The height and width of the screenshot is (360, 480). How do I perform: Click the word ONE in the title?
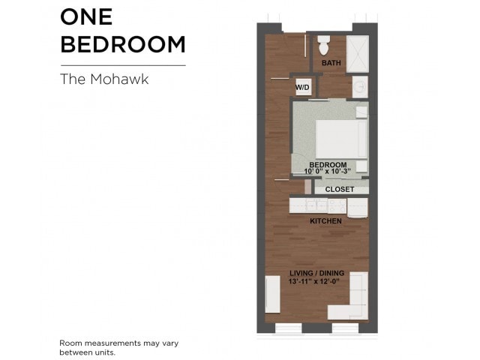click(x=86, y=16)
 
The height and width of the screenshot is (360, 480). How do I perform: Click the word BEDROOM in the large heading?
click(x=123, y=44)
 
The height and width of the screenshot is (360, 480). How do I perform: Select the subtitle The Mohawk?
click(x=104, y=79)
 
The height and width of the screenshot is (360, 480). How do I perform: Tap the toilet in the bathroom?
click(x=323, y=45)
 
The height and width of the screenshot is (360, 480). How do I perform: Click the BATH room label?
click(x=331, y=63)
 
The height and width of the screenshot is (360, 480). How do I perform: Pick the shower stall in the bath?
click(x=358, y=54)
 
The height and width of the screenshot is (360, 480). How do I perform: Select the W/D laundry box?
click(x=302, y=87)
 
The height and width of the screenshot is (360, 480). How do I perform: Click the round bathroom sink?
click(x=360, y=87)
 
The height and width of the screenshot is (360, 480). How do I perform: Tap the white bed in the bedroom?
click(x=341, y=139)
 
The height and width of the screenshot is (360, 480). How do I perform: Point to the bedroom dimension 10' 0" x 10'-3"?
click(x=327, y=171)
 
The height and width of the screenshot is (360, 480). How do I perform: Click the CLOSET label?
click(x=340, y=190)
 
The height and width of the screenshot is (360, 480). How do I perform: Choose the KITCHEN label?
click(x=325, y=221)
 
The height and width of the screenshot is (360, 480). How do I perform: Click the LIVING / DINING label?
click(x=316, y=273)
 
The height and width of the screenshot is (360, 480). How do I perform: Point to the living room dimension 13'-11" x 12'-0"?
click(x=314, y=282)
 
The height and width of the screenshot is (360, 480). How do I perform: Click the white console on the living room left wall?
click(x=272, y=294)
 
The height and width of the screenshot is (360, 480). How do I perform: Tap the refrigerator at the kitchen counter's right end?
click(x=357, y=208)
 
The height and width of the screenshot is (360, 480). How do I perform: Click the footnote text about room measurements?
click(x=119, y=347)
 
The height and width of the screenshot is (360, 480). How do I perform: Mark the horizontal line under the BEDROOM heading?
click(x=123, y=65)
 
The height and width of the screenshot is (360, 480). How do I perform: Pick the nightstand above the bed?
click(x=361, y=112)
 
